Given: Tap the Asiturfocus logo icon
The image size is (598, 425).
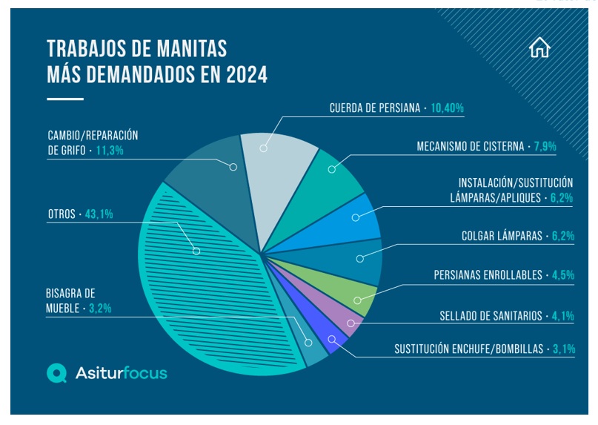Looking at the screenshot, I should [57, 373].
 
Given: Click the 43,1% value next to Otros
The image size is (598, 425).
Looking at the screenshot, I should [104, 214].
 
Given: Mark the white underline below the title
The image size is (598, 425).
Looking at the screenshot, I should [65, 99].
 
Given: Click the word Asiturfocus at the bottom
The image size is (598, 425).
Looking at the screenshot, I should [122, 373].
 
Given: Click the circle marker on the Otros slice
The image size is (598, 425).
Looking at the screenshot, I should [196, 251].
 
